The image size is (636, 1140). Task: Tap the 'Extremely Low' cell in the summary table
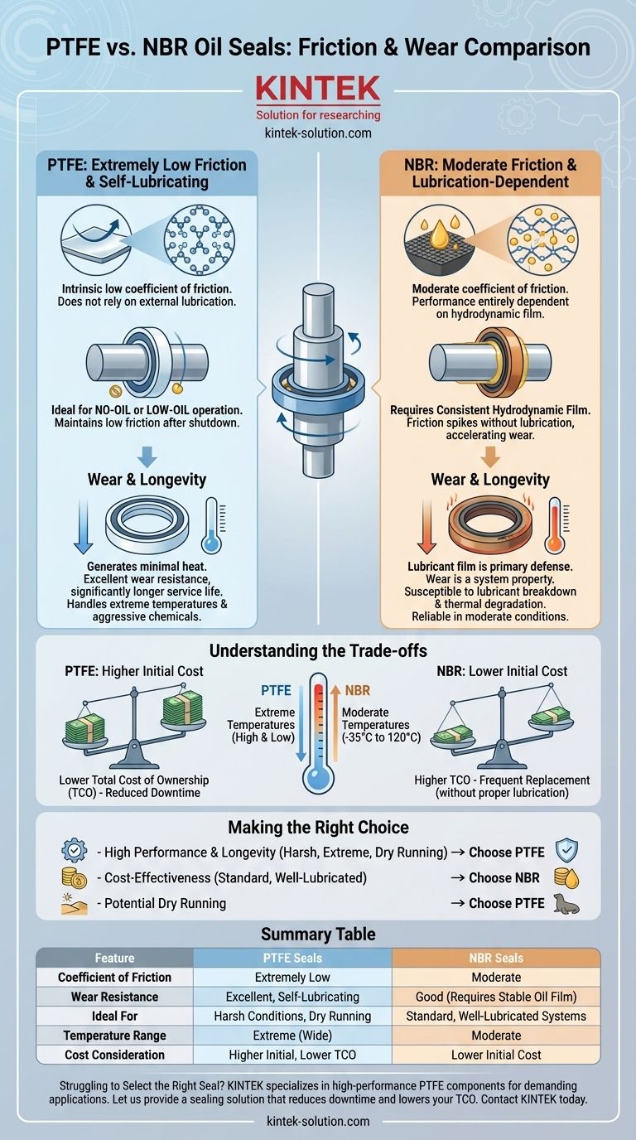[x=292, y=977]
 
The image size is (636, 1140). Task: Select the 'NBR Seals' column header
[x=496, y=958]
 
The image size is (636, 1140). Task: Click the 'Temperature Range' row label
[x=114, y=1035]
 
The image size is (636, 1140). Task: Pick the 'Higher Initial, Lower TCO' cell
[x=292, y=1055]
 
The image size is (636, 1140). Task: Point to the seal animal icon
[x=566, y=903]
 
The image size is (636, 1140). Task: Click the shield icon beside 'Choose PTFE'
[x=566, y=850]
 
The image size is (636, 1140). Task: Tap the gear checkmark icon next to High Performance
[x=75, y=850]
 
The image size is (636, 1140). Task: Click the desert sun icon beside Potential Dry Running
[x=74, y=904]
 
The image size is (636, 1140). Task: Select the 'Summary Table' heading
[x=318, y=934]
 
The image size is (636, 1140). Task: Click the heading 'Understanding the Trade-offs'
[x=318, y=651]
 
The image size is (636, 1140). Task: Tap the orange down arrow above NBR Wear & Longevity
[x=490, y=456]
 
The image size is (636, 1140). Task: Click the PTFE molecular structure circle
[x=200, y=239]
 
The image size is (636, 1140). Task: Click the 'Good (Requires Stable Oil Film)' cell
[x=496, y=997]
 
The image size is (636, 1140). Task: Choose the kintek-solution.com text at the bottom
[x=318, y=1121]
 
